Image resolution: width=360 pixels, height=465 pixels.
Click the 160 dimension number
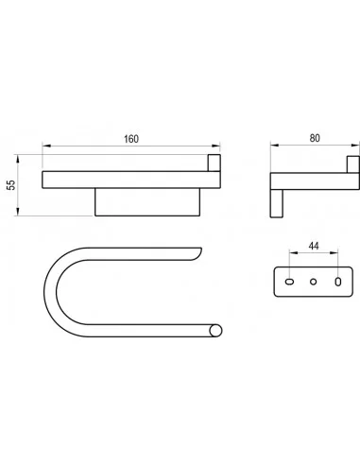click(131, 139)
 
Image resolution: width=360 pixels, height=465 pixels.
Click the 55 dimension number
click(11, 185)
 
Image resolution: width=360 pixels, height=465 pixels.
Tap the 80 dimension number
click(315, 138)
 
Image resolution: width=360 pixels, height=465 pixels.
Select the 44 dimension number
click(314, 246)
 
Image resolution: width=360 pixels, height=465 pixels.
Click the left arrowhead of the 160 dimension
click(46, 146)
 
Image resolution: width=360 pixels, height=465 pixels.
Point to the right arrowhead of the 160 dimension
click(216, 146)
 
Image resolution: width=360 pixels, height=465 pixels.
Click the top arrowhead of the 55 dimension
click(18, 159)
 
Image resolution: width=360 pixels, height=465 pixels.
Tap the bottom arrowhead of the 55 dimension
click(18, 212)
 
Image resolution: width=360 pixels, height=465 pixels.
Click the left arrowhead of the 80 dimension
click(275, 145)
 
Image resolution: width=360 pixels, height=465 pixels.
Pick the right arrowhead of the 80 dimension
click(355, 145)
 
